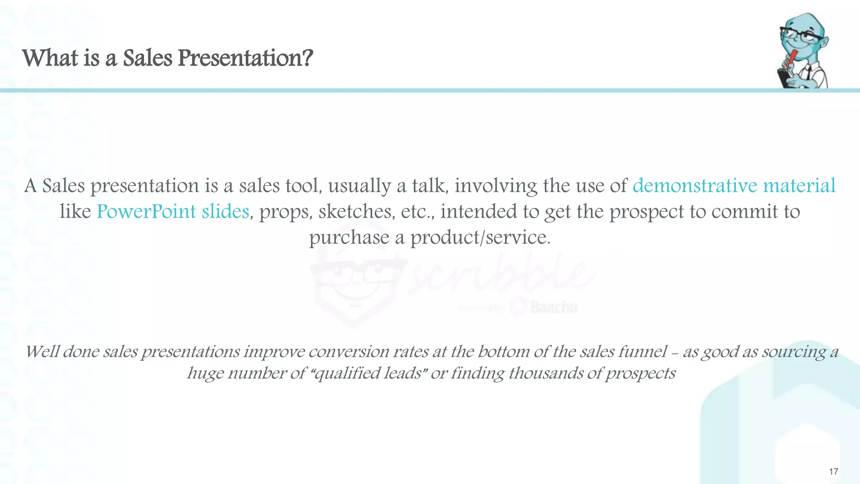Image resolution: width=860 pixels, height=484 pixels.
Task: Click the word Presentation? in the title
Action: click(x=245, y=58)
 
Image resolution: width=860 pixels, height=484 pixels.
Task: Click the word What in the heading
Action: click(x=50, y=58)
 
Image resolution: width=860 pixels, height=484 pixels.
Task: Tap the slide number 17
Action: click(x=833, y=471)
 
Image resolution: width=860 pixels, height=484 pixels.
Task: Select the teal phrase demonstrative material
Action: click(x=734, y=186)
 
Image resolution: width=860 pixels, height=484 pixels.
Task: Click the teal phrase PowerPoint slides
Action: click(x=173, y=211)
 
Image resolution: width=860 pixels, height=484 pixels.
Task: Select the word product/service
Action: click(x=480, y=238)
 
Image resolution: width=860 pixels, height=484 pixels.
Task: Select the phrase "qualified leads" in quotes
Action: click(x=368, y=373)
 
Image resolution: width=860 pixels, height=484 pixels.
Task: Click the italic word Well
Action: click(x=42, y=352)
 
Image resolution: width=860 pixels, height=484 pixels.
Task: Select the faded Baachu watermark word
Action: click(x=553, y=308)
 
